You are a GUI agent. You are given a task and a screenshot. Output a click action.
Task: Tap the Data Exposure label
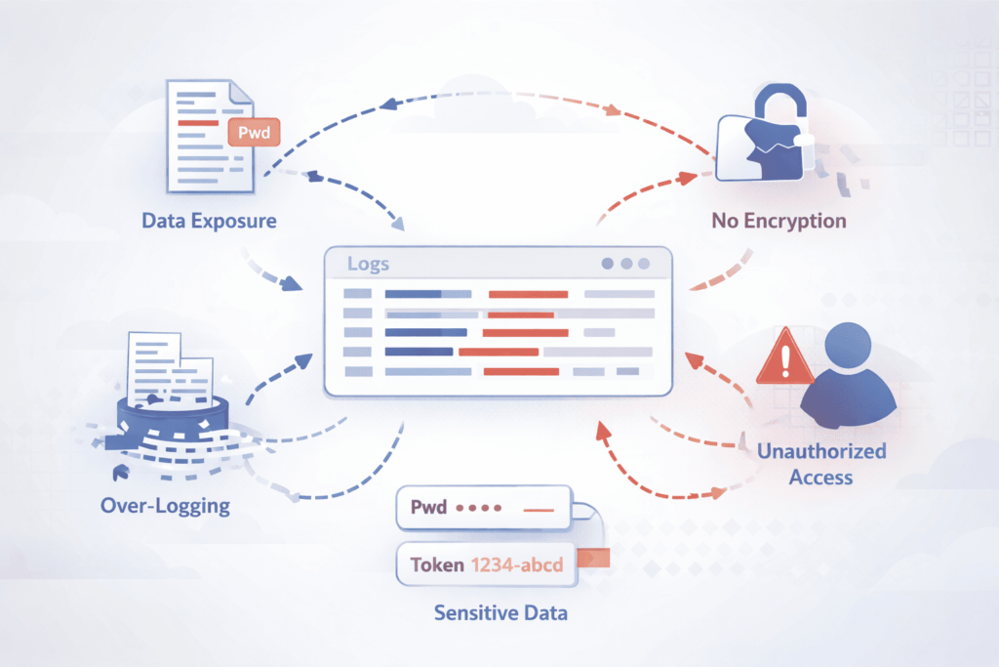pyautogui.click(x=209, y=221)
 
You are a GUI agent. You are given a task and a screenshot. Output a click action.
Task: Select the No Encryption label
pyautogui.click(x=778, y=221)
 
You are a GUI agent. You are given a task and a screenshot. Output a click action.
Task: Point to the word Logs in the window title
pyautogui.click(x=368, y=265)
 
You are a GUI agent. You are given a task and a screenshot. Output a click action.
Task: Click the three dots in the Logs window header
pyautogui.click(x=624, y=265)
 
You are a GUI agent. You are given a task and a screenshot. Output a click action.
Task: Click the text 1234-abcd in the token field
pyautogui.click(x=518, y=564)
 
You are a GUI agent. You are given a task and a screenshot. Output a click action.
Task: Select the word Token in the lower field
pyautogui.click(x=437, y=564)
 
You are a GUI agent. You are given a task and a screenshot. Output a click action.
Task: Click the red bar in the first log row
pyautogui.click(x=528, y=294)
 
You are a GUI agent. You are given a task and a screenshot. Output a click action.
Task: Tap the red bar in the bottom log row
pyautogui.click(x=521, y=371)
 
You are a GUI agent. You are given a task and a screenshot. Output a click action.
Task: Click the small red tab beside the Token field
pyautogui.click(x=594, y=558)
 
